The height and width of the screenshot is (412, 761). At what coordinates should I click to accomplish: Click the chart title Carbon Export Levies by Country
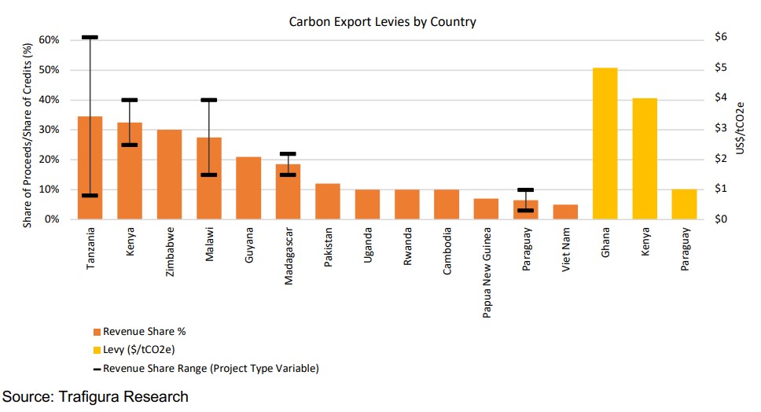(x=382, y=21)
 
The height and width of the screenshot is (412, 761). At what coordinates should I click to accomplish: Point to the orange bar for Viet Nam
(x=565, y=212)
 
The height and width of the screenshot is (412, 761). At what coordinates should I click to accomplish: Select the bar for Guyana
(x=248, y=189)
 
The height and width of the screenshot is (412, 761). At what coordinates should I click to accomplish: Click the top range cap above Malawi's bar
(x=208, y=100)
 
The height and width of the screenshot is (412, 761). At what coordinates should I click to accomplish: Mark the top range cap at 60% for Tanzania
(x=90, y=37)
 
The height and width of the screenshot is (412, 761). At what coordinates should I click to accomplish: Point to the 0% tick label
(x=52, y=219)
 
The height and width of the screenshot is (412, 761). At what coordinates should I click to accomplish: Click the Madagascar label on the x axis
(x=289, y=255)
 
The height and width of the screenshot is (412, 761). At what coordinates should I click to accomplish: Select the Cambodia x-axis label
(x=447, y=250)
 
